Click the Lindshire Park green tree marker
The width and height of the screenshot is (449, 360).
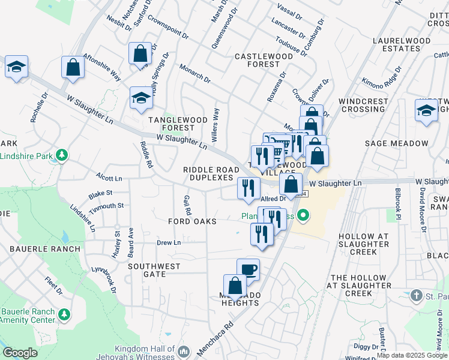(61, 157)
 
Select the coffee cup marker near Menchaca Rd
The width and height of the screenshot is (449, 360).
(248, 269)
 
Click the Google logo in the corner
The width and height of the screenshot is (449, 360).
(20, 353)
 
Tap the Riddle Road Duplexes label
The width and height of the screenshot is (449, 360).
(208, 174)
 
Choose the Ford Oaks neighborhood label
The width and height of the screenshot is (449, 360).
(193, 221)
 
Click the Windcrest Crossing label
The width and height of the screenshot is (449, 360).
(362, 105)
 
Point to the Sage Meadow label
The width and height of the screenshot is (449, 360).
(397, 143)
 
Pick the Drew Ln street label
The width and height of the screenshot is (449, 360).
(169, 242)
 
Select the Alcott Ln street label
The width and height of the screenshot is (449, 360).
(109, 178)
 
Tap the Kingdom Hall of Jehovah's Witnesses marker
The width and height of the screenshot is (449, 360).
(184, 351)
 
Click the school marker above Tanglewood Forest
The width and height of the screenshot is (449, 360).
(141, 98)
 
